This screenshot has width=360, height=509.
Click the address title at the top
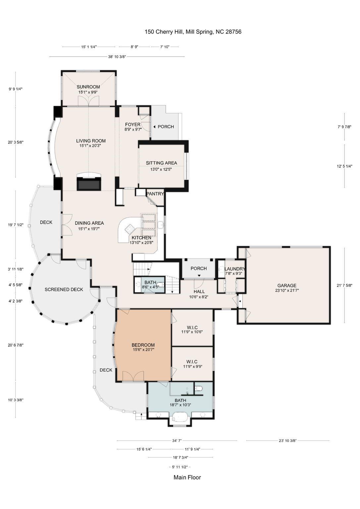[193, 32]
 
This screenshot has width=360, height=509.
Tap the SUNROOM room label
[88, 87]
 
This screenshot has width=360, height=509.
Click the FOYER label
[133, 125]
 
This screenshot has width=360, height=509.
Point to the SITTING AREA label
[161, 163]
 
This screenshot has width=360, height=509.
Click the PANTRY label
[155, 194]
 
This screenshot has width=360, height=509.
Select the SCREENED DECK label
[64, 290]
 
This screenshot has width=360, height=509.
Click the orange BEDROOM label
[143, 345]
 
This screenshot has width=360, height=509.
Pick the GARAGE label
[286, 285]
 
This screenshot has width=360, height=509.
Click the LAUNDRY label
[234, 269]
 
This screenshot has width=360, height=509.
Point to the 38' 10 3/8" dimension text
[117, 57]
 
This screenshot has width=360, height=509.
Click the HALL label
[199, 292]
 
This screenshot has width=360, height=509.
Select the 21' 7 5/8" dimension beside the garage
[344, 285]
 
